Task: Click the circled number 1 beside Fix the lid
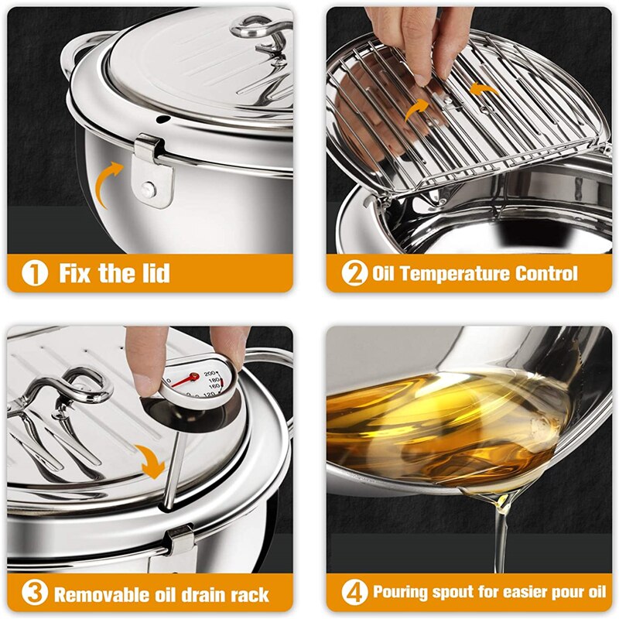pyautogui.click(x=33, y=273)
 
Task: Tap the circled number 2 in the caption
pyautogui.click(x=354, y=273)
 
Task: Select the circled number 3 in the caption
pyautogui.click(x=33, y=593)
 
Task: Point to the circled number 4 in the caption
pyautogui.click(x=354, y=593)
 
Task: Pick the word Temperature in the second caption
pyautogui.click(x=457, y=273)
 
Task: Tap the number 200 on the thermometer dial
pyautogui.click(x=210, y=374)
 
